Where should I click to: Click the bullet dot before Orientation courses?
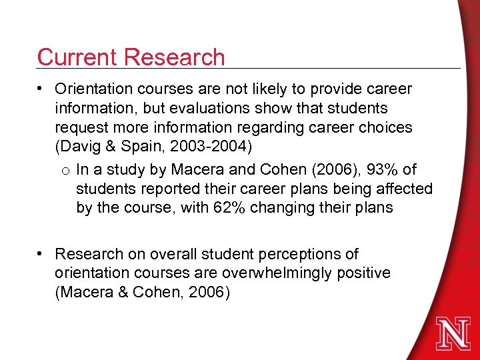coord(41,89)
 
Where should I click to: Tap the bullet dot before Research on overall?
coord(41,254)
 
